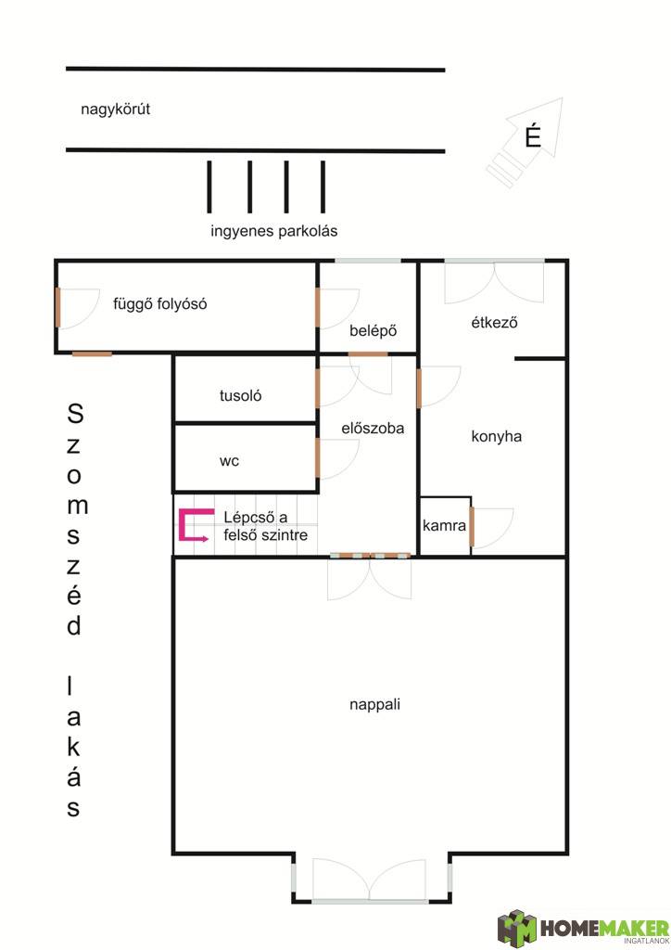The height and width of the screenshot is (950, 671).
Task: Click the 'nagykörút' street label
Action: click(115, 109)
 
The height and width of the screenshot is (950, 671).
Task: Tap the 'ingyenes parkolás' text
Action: click(274, 231)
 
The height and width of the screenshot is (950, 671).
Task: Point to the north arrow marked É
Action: click(525, 142)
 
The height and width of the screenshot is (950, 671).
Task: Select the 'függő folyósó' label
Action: click(159, 303)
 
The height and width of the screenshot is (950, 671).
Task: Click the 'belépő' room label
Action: click(373, 331)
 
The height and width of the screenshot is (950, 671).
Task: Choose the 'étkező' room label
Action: click(494, 322)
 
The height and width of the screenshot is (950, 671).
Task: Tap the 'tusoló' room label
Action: click(240, 395)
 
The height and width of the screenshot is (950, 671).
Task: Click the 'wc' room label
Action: click(229, 461)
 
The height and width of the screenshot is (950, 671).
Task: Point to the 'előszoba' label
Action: click(373, 429)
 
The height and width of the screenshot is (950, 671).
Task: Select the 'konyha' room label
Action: click(496, 436)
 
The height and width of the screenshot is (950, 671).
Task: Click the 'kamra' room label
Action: click(444, 525)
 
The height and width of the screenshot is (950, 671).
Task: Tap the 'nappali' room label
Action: click(374, 705)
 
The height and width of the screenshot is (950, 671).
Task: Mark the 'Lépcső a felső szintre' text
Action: click(266, 526)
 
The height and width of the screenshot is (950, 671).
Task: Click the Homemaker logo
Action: click(583, 928)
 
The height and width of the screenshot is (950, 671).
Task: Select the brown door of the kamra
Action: click(472, 526)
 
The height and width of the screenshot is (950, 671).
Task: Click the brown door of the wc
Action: click(317, 458)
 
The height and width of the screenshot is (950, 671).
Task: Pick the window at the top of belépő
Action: click(368, 261)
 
